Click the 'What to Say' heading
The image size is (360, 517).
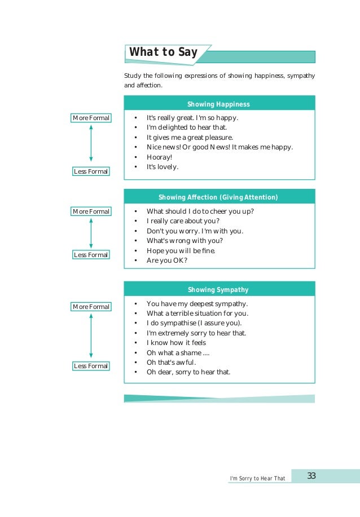164,52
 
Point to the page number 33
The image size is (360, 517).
311,476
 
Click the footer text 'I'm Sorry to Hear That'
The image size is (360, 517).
257,479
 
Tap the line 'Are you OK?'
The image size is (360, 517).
166,260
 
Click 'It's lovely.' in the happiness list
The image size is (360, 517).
163,167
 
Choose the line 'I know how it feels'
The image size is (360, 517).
176,343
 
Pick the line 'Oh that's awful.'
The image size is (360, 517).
171,363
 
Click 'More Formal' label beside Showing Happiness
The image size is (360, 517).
91,118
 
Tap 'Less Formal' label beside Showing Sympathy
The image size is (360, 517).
91,366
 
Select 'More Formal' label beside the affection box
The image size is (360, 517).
91,211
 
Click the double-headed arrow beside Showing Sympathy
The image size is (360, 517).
91,336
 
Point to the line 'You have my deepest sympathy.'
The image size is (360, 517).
197,304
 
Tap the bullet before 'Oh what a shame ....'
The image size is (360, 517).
136,353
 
